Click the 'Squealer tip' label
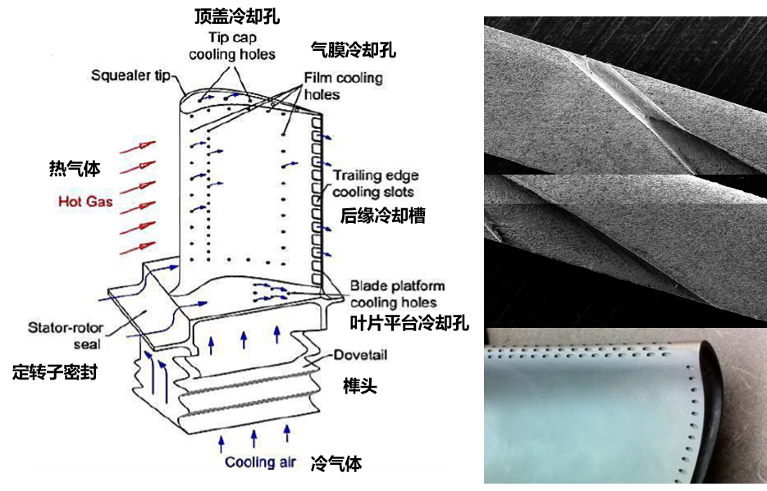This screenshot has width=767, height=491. pyautogui.click(x=130, y=76)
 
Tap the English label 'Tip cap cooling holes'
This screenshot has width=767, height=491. pyautogui.click(x=232, y=47)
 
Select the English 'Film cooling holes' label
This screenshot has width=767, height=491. pyautogui.click(x=343, y=86)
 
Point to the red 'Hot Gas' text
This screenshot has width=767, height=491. pyautogui.click(x=85, y=201)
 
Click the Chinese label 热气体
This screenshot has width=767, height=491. pyautogui.click(x=75, y=170)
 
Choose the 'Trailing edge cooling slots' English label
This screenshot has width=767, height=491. pyautogui.click(x=375, y=184)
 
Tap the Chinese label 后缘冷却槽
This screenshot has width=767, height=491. pyautogui.click(x=382, y=216)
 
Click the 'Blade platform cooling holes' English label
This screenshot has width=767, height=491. pyautogui.click(x=397, y=293)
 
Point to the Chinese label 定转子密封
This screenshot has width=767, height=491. pyautogui.click(x=57, y=372)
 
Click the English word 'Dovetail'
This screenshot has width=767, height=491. pyautogui.click(x=360, y=356)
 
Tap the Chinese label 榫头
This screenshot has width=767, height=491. pyautogui.click(x=359, y=386)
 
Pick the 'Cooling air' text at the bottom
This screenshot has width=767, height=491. pyautogui.click(x=260, y=463)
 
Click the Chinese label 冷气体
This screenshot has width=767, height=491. pyautogui.click(x=336, y=465)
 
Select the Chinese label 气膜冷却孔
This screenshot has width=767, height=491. pyautogui.click(x=354, y=51)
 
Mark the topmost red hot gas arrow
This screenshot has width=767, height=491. pyautogui.click(x=137, y=148)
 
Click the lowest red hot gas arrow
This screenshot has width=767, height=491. pyautogui.click(x=137, y=245)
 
